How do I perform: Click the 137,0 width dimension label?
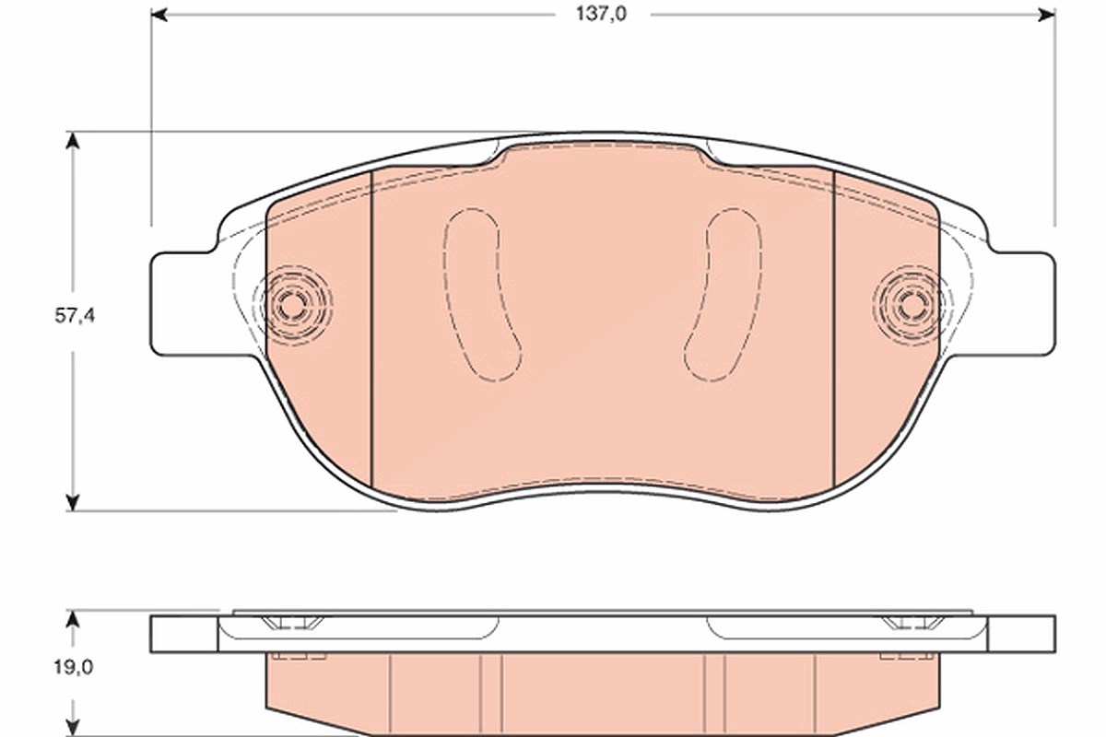601,15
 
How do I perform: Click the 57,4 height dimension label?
75,316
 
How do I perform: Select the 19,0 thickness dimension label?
74,668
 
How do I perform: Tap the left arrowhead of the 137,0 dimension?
159,15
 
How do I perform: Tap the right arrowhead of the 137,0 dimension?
1047,15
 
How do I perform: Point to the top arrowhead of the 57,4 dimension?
73,141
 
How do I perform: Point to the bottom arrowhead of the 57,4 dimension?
73,502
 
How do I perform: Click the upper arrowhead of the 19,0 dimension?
73,619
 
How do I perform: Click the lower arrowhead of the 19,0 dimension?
73,728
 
